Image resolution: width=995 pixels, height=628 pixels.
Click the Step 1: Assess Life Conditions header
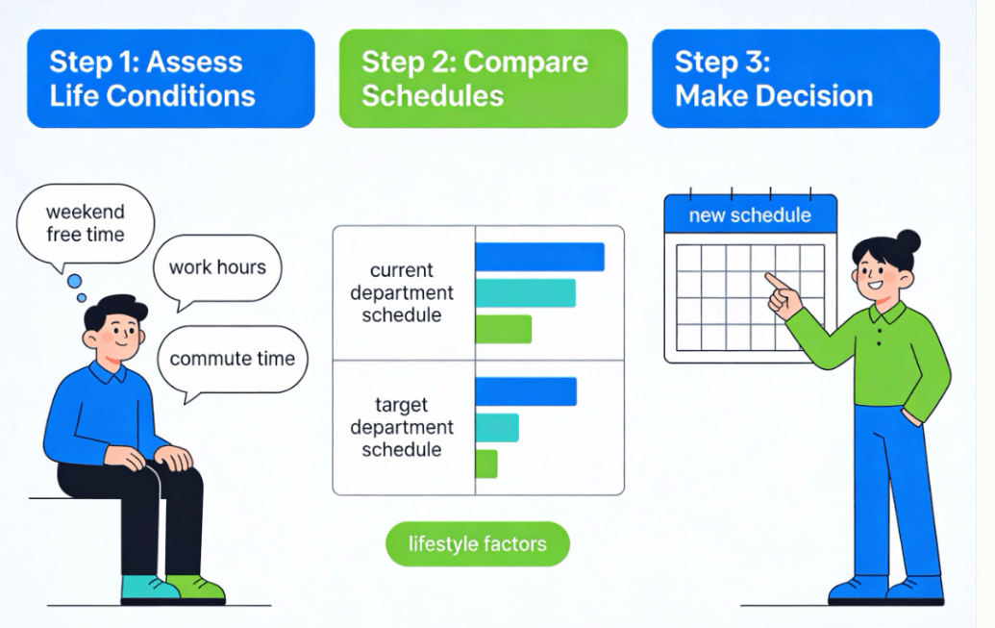click(171, 79)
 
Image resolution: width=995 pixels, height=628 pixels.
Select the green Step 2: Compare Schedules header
click(484, 79)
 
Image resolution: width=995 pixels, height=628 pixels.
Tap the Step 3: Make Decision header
click(796, 79)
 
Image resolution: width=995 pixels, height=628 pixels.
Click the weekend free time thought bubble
click(85, 223)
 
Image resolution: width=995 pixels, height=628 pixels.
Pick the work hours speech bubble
click(217, 268)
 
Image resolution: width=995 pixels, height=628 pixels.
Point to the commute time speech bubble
click(233, 360)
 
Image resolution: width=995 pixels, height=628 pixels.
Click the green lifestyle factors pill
click(477, 544)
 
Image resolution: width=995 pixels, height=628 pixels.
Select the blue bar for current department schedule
click(540, 257)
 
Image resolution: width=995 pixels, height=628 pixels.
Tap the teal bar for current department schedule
click(526, 293)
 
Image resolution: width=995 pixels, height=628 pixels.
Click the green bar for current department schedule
click(503, 329)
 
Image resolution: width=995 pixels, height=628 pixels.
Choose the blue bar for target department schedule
click(526, 391)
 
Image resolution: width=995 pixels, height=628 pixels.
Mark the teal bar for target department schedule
click(497, 427)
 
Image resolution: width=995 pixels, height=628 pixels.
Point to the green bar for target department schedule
click(486, 464)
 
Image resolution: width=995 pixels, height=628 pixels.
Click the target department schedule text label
click(402, 427)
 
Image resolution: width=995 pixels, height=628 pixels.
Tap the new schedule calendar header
click(751, 215)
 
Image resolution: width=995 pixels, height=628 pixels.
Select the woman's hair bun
click(908, 242)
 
